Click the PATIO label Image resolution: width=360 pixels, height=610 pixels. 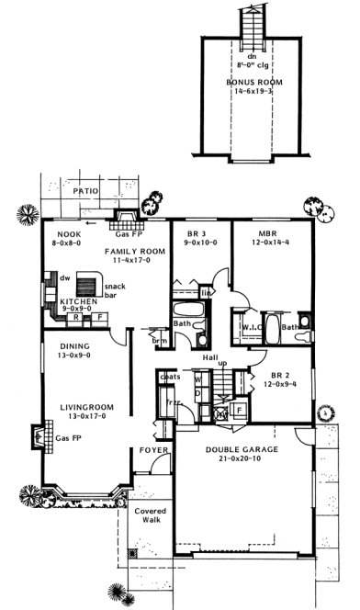85,192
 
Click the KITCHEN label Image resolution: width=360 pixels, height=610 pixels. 73,300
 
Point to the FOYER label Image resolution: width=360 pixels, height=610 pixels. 152,450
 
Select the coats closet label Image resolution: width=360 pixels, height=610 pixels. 168,377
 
